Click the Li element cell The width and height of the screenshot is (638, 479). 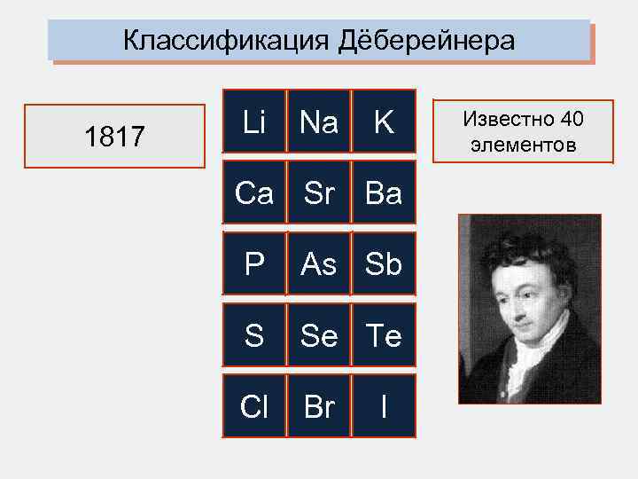pyautogui.click(x=254, y=122)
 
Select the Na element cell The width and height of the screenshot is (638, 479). pyautogui.click(x=319, y=122)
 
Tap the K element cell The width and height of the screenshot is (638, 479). pyautogui.click(x=384, y=122)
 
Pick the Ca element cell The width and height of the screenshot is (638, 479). pyautogui.click(x=254, y=192)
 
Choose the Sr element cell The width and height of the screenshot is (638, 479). pyautogui.click(x=319, y=192)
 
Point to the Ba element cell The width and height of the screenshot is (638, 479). pyautogui.click(x=384, y=192)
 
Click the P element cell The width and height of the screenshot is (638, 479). pyautogui.click(x=254, y=263)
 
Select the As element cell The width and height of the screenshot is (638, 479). pyautogui.click(x=319, y=263)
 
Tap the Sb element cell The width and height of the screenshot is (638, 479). pyautogui.click(x=384, y=263)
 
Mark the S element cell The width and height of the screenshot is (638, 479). pyautogui.click(x=254, y=334)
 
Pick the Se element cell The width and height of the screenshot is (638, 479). pyautogui.click(x=319, y=334)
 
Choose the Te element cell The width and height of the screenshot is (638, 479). pyautogui.click(x=384, y=334)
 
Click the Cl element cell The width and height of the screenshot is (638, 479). pyautogui.click(x=254, y=405)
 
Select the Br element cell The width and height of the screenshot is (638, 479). pyautogui.click(x=319, y=405)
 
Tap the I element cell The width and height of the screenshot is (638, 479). pyautogui.click(x=384, y=405)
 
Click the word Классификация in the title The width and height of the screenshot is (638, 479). pyautogui.click(x=226, y=41)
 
